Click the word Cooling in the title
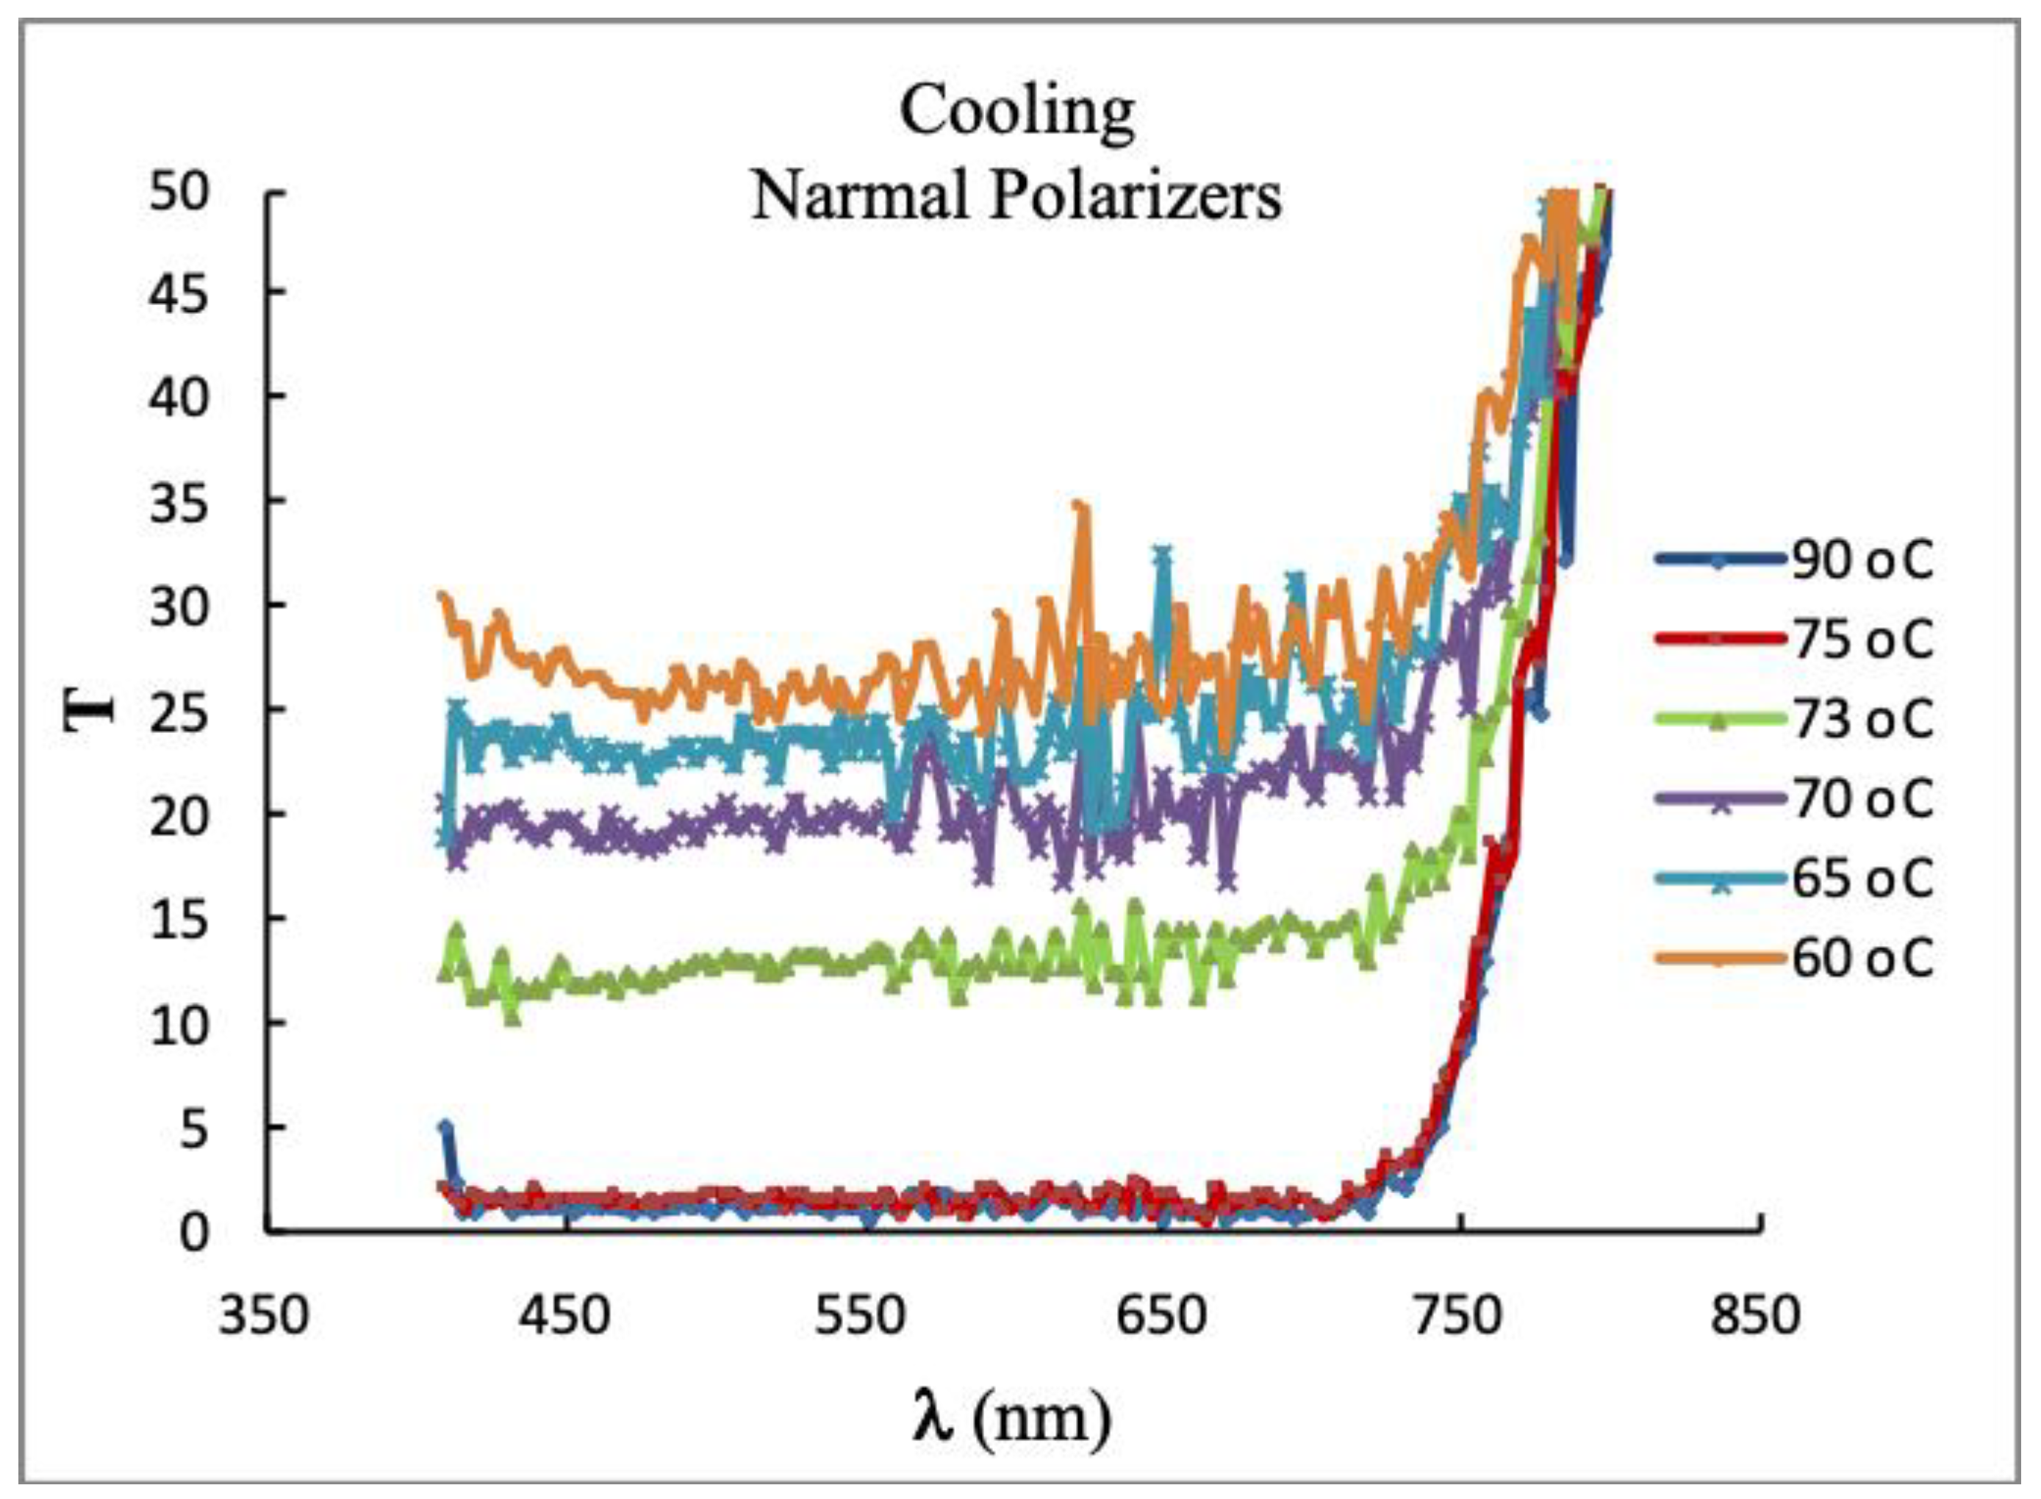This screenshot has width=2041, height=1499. point(1016,112)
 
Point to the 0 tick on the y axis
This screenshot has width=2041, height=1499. point(193,1233)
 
